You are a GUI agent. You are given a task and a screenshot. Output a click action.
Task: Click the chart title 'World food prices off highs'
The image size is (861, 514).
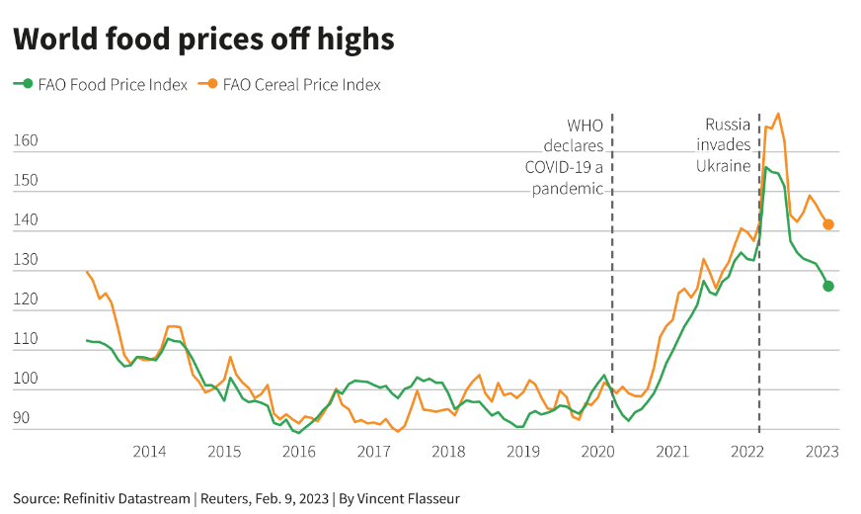click(203, 40)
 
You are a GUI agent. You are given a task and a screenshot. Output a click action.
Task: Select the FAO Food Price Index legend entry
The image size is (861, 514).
click(101, 85)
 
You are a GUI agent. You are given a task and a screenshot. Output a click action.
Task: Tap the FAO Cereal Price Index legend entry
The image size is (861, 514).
click(289, 85)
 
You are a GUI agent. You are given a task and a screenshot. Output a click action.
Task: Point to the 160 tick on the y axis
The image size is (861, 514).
click(26, 140)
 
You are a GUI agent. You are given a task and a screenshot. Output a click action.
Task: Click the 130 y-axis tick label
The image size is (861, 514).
click(26, 260)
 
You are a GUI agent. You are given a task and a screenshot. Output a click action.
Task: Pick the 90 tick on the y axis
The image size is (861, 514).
click(22, 418)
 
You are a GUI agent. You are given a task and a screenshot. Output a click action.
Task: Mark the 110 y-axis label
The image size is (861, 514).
click(26, 339)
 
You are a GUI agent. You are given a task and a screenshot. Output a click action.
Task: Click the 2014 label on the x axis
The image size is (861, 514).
click(149, 452)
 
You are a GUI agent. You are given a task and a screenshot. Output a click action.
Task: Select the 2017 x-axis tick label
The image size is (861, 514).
click(373, 452)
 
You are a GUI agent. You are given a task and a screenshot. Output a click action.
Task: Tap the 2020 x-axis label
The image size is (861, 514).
click(598, 452)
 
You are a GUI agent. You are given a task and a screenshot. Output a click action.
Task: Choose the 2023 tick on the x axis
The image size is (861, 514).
click(822, 452)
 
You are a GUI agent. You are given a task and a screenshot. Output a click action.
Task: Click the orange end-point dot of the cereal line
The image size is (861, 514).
click(828, 224)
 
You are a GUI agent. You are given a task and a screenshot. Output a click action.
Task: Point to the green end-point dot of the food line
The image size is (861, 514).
click(828, 286)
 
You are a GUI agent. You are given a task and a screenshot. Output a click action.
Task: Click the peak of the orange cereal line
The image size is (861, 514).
click(778, 114)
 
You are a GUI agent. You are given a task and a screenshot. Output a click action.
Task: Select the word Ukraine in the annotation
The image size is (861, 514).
click(723, 166)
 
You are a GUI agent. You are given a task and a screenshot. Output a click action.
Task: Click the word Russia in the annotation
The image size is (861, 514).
click(728, 125)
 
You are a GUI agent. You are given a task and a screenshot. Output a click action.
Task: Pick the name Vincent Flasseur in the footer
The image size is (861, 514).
click(408, 498)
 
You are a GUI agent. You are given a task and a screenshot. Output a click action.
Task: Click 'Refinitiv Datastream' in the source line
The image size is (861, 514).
click(126, 498)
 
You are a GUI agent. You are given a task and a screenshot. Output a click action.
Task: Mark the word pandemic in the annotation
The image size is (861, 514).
click(567, 189)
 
